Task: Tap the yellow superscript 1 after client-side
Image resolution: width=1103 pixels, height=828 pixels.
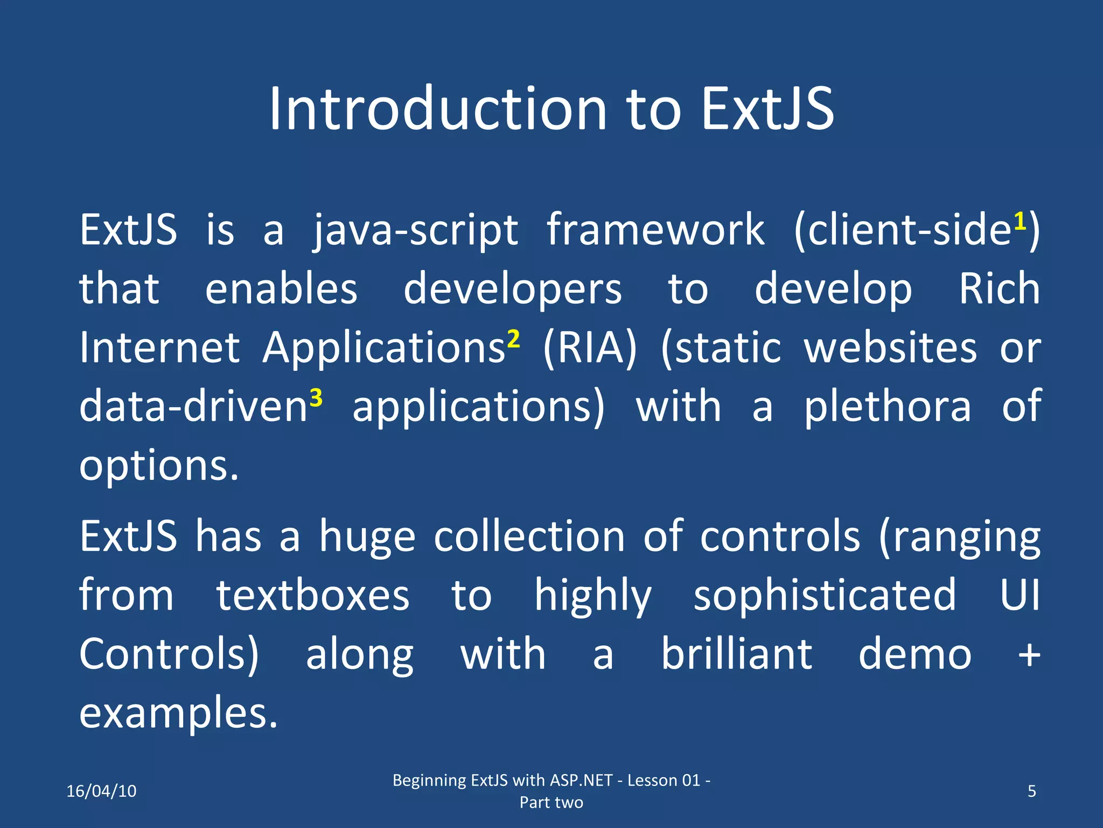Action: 1020,222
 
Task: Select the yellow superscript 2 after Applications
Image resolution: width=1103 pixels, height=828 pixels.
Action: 513,339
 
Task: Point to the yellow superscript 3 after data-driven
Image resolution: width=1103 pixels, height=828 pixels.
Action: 316,398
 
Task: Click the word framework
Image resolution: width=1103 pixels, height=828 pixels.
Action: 655,230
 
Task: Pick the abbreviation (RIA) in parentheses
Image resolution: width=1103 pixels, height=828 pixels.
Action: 590,348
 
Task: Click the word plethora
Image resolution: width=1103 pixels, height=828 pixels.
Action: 888,407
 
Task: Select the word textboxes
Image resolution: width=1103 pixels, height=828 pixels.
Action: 313,596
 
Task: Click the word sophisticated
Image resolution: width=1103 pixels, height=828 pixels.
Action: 825,596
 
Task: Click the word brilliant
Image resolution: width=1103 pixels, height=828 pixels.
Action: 737,654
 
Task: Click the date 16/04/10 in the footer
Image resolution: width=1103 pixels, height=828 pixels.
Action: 101,791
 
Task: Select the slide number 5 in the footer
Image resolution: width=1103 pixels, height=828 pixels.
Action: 1032,791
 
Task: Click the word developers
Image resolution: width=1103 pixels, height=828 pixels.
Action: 513,290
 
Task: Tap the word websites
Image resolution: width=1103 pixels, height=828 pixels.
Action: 890,348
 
